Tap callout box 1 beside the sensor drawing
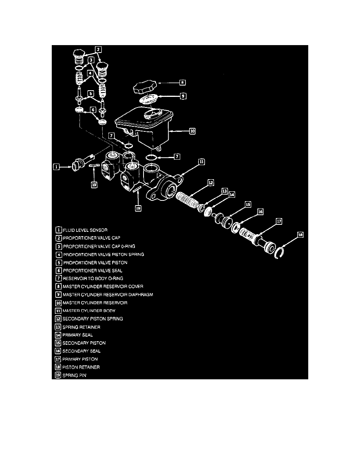pyautogui.click(x=57, y=167)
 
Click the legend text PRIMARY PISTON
pyautogui.click(x=80, y=359)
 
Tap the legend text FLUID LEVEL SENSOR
pyautogui.click(x=85, y=230)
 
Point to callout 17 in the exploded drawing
pyautogui.click(x=279, y=221)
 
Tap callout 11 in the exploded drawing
pyautogui.click(x=201, y=161)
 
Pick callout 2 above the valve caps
pyautogui.click(x=99, y=49)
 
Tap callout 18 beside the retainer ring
pyautogui.click(x=300, y=235)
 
